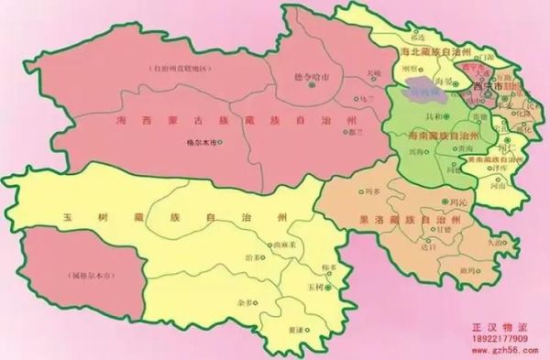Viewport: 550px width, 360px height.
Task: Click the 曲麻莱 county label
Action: click(x=273, y=245)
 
